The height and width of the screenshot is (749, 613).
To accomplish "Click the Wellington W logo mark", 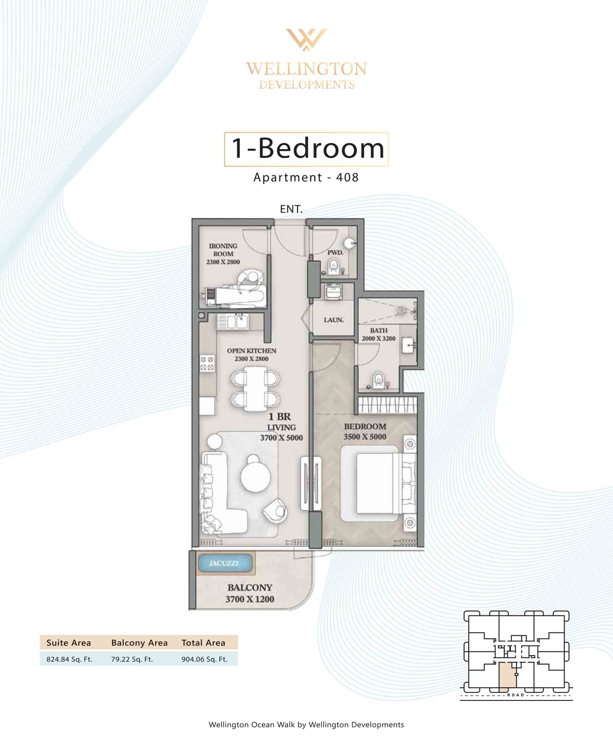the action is pos(306,40).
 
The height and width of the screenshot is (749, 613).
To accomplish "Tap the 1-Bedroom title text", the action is pos(307,148).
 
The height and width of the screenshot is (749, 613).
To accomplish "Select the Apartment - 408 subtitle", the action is pos(306,177).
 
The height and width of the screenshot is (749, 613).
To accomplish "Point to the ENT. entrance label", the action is pos(291,209).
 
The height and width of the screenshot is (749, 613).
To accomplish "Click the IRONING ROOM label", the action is pos(223,254).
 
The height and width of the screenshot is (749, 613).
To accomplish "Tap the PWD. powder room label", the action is pos(335,252).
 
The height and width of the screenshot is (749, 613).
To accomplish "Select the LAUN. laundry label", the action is pos(334,320).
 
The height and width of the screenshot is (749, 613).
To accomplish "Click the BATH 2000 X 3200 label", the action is pos(379,334).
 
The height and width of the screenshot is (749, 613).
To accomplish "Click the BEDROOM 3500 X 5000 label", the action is pos(365,431).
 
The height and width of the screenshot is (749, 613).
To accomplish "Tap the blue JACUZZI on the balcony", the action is pos(225,563).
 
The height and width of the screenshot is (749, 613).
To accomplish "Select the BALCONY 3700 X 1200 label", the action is pos(250,593).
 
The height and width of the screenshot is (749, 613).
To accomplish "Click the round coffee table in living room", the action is pos(256,477).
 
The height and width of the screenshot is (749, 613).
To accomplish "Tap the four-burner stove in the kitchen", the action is pos(207,363).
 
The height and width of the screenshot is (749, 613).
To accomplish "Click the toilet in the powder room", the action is pos(333,267).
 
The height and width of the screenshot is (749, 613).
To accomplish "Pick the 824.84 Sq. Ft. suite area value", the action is pos(69,659).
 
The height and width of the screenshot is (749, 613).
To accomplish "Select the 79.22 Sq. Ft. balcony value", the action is pos(132,659).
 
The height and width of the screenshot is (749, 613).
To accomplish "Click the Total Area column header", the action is pos(204,642).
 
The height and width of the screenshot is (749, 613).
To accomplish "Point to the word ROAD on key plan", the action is pos(516,695).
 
